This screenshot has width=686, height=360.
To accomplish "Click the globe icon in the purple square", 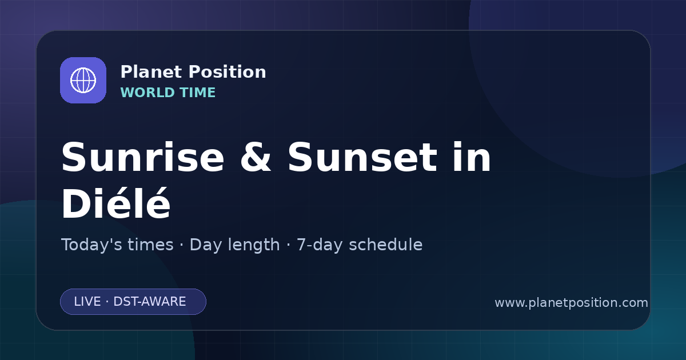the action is pyautogui.click(x=83, y=80).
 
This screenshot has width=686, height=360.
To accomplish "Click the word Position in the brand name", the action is pyautogui.click(x=228, y=72).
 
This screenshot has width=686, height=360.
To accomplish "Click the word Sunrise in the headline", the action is pyautogui.click(x=143, y=157).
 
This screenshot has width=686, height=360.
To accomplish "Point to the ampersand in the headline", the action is pyautogui.click(x=256, y=157).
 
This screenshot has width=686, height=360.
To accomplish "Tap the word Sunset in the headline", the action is pyautogui.click(x=362, y=157).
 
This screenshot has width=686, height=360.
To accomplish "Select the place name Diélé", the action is pyautogui.click(x=116, y=203).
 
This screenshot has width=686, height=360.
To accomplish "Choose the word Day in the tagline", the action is pyautogui.click(x=205, y=246).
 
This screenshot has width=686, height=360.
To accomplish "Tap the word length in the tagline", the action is pyautogui.click(x=254, y=245).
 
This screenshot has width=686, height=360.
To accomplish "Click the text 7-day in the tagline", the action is pyautogui.click(x=320, y=246).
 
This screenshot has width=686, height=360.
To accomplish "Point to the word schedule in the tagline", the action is pyautogui.click(x=386, y=245).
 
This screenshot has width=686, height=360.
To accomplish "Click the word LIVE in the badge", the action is pyautogui.click(x=87, y=302).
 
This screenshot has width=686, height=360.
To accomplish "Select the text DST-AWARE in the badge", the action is pyautogui.click(x=150, y=302).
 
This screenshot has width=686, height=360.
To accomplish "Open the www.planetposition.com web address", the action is pyautogui.click(x=572, y=303).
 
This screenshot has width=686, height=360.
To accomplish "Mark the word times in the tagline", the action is pyautogui.click(x=150, y=245).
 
